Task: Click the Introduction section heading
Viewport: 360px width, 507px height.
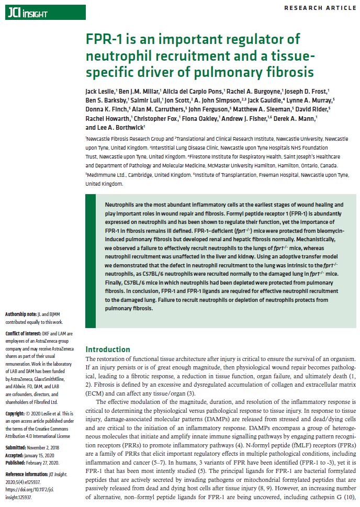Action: [x=108, y=350]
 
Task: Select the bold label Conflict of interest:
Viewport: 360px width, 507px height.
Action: [x=26, y=333]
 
